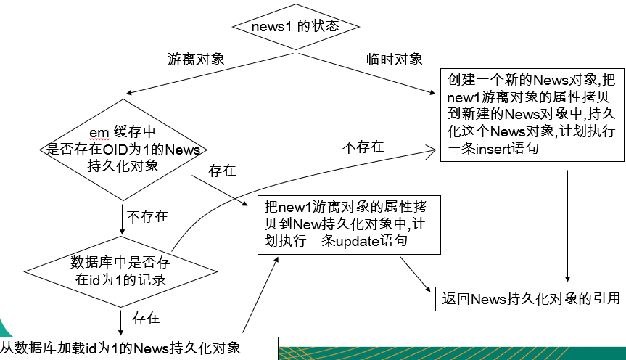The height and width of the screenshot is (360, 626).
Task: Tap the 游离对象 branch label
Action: [195, 60]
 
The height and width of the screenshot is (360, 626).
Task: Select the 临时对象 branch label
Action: [395, 59]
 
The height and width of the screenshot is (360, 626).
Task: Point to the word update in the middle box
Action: [357, 240]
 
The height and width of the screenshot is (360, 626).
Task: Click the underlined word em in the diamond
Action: [98, 131]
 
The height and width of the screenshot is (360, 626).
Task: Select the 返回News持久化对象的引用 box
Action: [531, 298]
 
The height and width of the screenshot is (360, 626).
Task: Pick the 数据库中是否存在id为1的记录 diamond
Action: [120, 269]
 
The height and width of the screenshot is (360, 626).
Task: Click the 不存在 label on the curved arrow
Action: [363, 147]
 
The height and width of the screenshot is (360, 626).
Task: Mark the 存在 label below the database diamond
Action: [146, 318]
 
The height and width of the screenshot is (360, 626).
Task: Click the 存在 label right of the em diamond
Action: [222, 171]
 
